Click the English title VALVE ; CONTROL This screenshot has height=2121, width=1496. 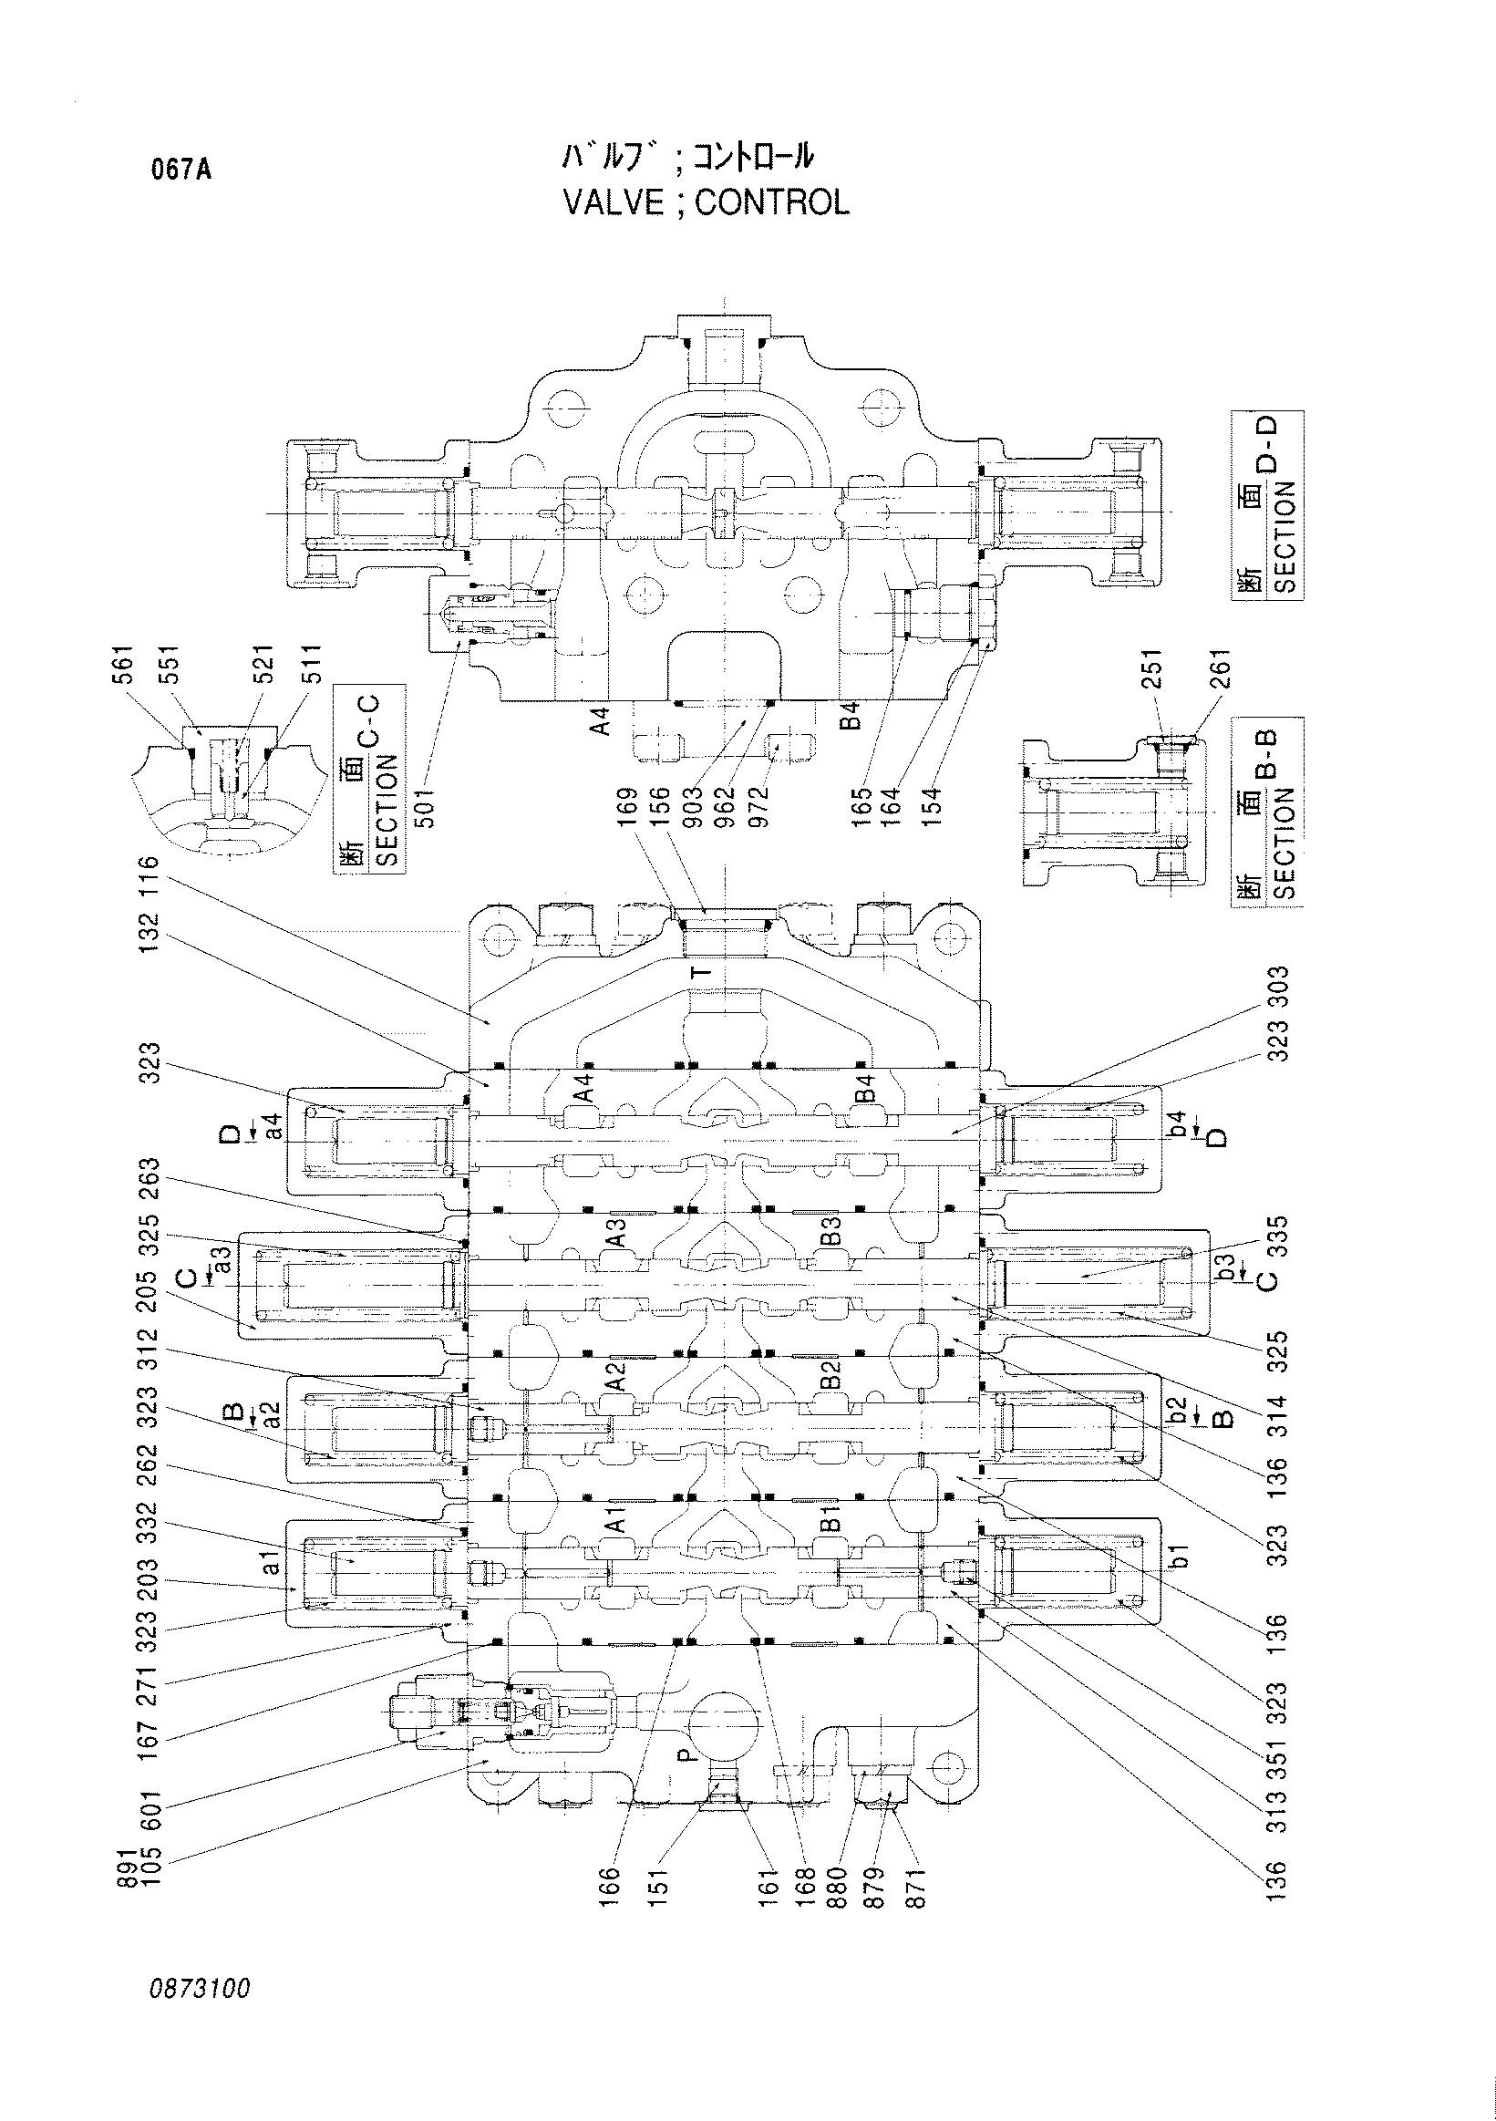(x=707, y=202)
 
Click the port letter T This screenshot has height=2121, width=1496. (x=705, y=971)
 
